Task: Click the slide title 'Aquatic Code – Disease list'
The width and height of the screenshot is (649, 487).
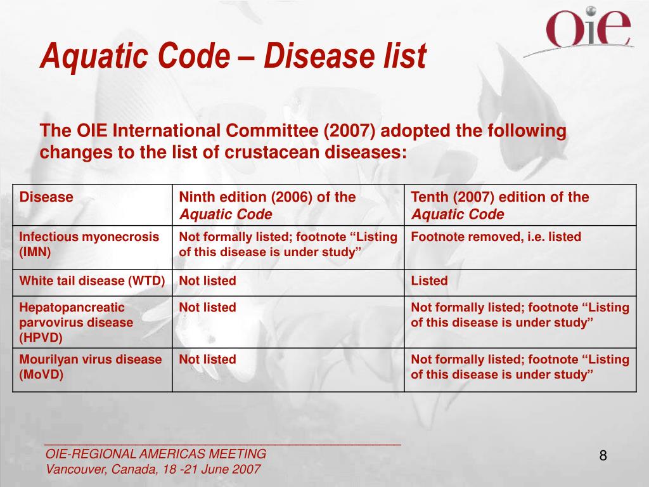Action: click(x=233, y=56)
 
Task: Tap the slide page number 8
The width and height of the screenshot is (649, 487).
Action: click(x=603, y=455)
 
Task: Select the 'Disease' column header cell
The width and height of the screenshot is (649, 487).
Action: click(x=46, y=197)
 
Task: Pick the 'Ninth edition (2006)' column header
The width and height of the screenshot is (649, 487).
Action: click(x=267, y=205)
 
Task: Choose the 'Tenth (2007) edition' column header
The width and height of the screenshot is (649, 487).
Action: click(x=500, y=205)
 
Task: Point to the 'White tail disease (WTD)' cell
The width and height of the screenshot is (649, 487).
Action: click(x=93, y=280)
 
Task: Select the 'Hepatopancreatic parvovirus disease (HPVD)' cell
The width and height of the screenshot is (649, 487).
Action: click(x=77, y=322)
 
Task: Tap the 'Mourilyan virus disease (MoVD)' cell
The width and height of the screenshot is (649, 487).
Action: click(x=91, y=367)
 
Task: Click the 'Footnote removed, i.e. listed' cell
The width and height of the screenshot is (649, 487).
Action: click(x=496, y=237)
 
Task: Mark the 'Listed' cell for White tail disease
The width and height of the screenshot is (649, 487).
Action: click(x=429, y=280)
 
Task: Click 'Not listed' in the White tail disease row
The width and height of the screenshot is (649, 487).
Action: click(x=207, y=280)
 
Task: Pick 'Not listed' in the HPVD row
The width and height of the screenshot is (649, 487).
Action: click(x=207, y=308)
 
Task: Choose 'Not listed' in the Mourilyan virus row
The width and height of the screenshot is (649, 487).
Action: click(x=207, y=360)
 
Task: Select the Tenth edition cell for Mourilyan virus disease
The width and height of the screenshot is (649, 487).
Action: click(x=520, y=367)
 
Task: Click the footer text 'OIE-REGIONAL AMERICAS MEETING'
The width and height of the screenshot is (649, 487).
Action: click(x=156, y=454)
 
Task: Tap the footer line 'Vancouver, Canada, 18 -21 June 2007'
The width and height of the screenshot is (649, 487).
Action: click(x=153, y=470)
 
